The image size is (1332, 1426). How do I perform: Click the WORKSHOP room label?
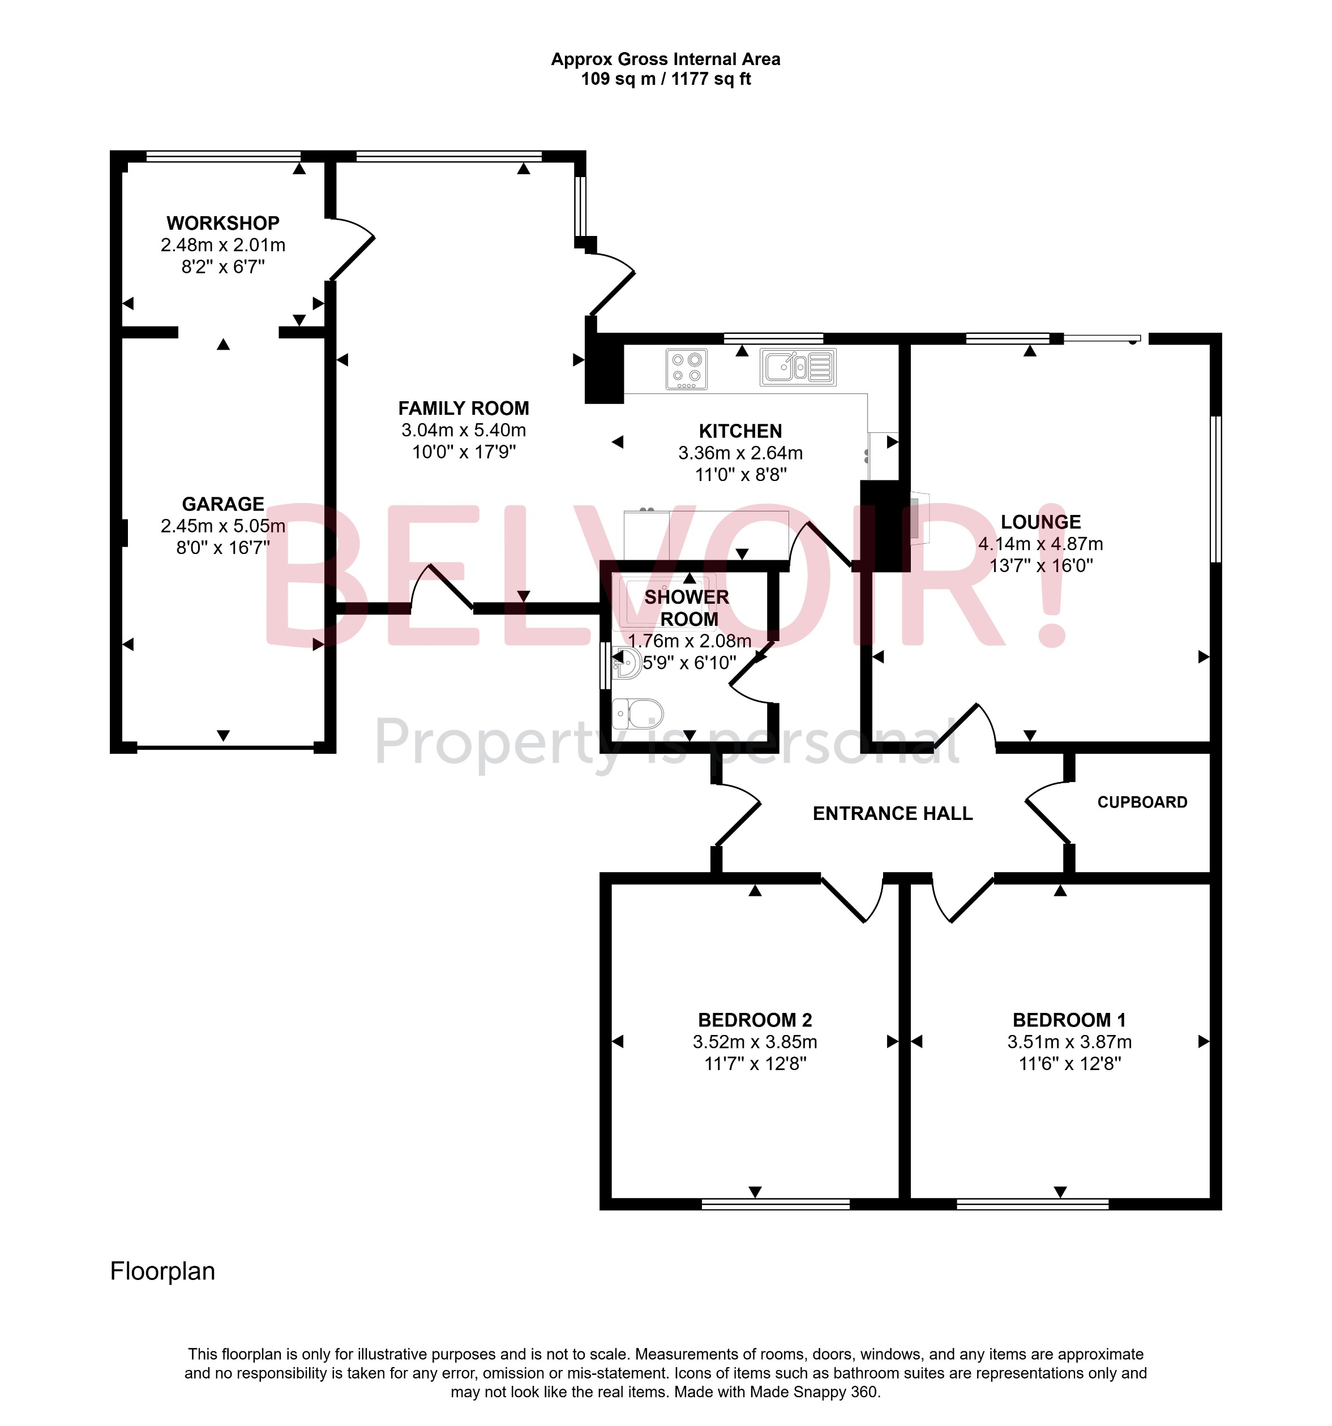tap(222, 223)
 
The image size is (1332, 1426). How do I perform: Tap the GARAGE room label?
tap(222, 504)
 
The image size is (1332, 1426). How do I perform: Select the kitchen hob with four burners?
tap(686, 369)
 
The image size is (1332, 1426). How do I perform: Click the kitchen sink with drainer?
tap(798, 367)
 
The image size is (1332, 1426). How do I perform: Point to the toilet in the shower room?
tap(638, 713)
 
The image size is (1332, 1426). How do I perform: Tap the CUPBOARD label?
tap(1141, 802)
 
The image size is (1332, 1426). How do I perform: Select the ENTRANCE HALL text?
tap(892, 813)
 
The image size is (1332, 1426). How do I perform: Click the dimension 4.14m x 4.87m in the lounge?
tap(1040, 544)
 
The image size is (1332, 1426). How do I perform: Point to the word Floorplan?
tap(162, 1271)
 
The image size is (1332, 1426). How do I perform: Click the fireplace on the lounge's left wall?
tap(919, 517)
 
